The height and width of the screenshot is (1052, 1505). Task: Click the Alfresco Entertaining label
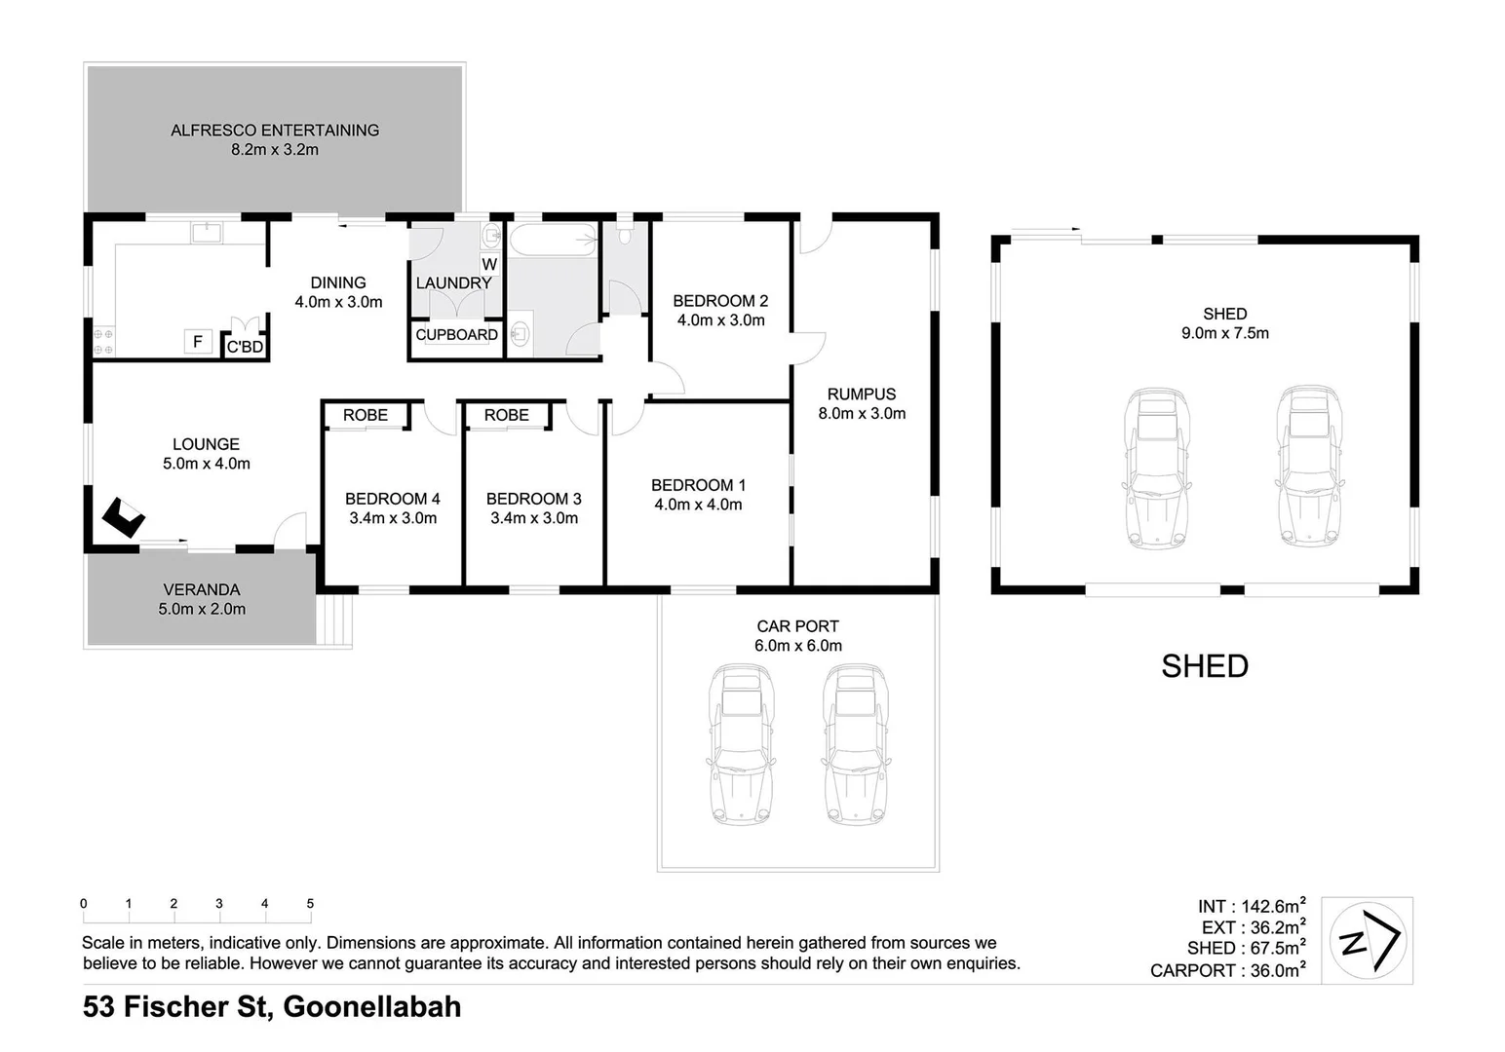pyautogui.click(x=274, y=131)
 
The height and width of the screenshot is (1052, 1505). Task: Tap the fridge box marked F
pyautogui.click(x=198, y=341)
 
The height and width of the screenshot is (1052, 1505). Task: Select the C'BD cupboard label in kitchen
pyautogui.click(x=245, y=347)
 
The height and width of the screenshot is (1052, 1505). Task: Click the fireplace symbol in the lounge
pyautogui.click(x=124, y=517)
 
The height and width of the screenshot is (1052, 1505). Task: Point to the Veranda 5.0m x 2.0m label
pyautogui.click(x=202, y=599)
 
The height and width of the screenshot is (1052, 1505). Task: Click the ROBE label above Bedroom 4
pyautogui.click(x=365, y=415)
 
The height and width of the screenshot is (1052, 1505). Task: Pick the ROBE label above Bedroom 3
pyautogui.click(x=506, y=415)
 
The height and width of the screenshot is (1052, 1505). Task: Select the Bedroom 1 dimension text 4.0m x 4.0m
pyautogui.click(x=698, y=505)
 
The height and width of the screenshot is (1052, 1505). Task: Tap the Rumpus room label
pyautogui.click(x=861, y=394)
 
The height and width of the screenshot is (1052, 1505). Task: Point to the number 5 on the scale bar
pyautogui.click(x=310, y=904)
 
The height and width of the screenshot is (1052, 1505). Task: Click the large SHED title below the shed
pyautogui.click(x=1204, y=666)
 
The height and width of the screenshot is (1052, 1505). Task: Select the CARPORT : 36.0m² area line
pyautogui.click(x=1227, y=970)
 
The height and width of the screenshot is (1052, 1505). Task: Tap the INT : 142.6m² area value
pyautogui.click(x=1252, y=907)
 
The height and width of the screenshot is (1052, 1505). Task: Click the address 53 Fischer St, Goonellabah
pyautogui.click(x=272, y=1006)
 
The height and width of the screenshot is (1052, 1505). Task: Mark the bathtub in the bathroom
pyautogui.click(x=552, y=239)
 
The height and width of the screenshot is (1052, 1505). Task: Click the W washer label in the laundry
pyautogui.click(x=489, y=264)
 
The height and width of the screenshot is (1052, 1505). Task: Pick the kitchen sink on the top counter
pyautogui.click(x=207, y=232)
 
